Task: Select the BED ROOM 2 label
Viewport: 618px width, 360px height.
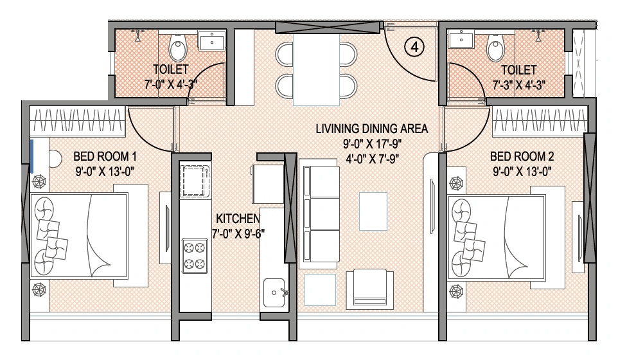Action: (522, 156)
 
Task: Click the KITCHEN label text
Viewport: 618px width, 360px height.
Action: (237, 218)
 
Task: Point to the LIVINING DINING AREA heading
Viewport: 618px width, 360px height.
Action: (371, 129)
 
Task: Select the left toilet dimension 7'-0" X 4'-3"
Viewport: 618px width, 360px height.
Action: (170, 84)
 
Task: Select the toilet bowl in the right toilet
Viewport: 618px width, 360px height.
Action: (495, 48)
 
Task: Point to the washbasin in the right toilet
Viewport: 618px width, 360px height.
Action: (461, 40)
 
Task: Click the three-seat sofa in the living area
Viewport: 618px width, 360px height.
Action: (320, 215)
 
